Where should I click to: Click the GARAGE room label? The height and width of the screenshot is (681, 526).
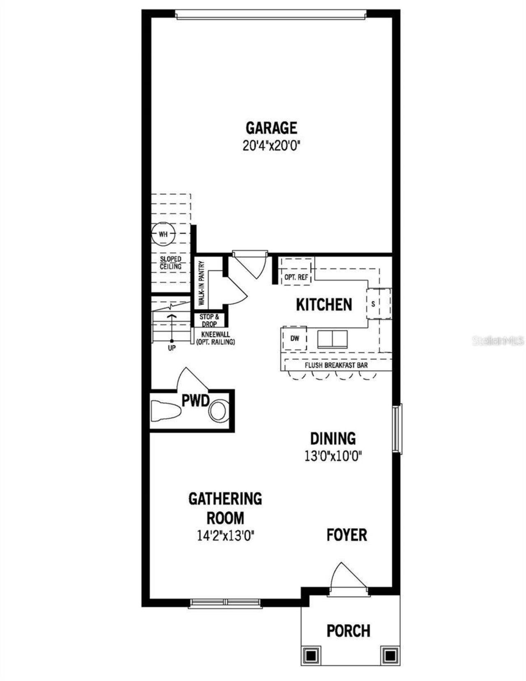[271, 128]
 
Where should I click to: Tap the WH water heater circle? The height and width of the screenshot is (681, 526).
[163, 235]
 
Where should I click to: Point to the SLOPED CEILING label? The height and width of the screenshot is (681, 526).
[171, 263]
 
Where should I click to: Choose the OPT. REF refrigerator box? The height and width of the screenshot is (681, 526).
[296, 277]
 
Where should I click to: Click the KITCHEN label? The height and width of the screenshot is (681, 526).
[324, 305]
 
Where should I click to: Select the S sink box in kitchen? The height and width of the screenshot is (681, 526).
[373, 304]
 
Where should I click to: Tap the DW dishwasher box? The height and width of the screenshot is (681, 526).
[295, 338]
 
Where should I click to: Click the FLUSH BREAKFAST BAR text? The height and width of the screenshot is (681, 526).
[336, 365]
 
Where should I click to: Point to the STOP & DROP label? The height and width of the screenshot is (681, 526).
[209, 321]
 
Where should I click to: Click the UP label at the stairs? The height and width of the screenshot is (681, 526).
[172, 348]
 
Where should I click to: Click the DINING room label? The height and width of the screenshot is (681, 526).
[333, 439]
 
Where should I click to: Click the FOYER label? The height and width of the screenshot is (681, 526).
[347, 535]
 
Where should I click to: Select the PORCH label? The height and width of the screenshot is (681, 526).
[348, 630]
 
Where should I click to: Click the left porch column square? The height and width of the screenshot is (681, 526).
[312, 653]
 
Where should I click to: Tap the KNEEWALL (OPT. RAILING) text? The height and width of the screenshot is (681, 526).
[215, 338]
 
